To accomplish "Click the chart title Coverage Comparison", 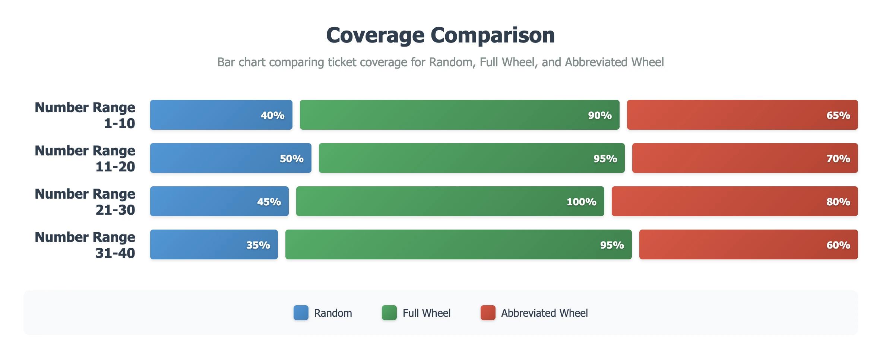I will tap(440, 35).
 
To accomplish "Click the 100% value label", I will tap(581, 202).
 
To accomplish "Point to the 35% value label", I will tap(258, 245).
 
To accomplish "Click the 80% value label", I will tap(838, 202).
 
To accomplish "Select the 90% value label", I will tap(599, 116).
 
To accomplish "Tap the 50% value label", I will tap(291, 159).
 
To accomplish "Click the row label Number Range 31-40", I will tap(85, 245).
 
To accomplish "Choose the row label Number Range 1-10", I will tap(85, 115).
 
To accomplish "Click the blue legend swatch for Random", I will tap(301, 313).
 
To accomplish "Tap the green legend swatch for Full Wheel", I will tap(389, 313).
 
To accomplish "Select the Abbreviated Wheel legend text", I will tap(544, 313).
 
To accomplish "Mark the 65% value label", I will tap(838, 116).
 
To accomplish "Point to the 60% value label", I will tap(838, 245).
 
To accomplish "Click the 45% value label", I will tap(269, 202).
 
